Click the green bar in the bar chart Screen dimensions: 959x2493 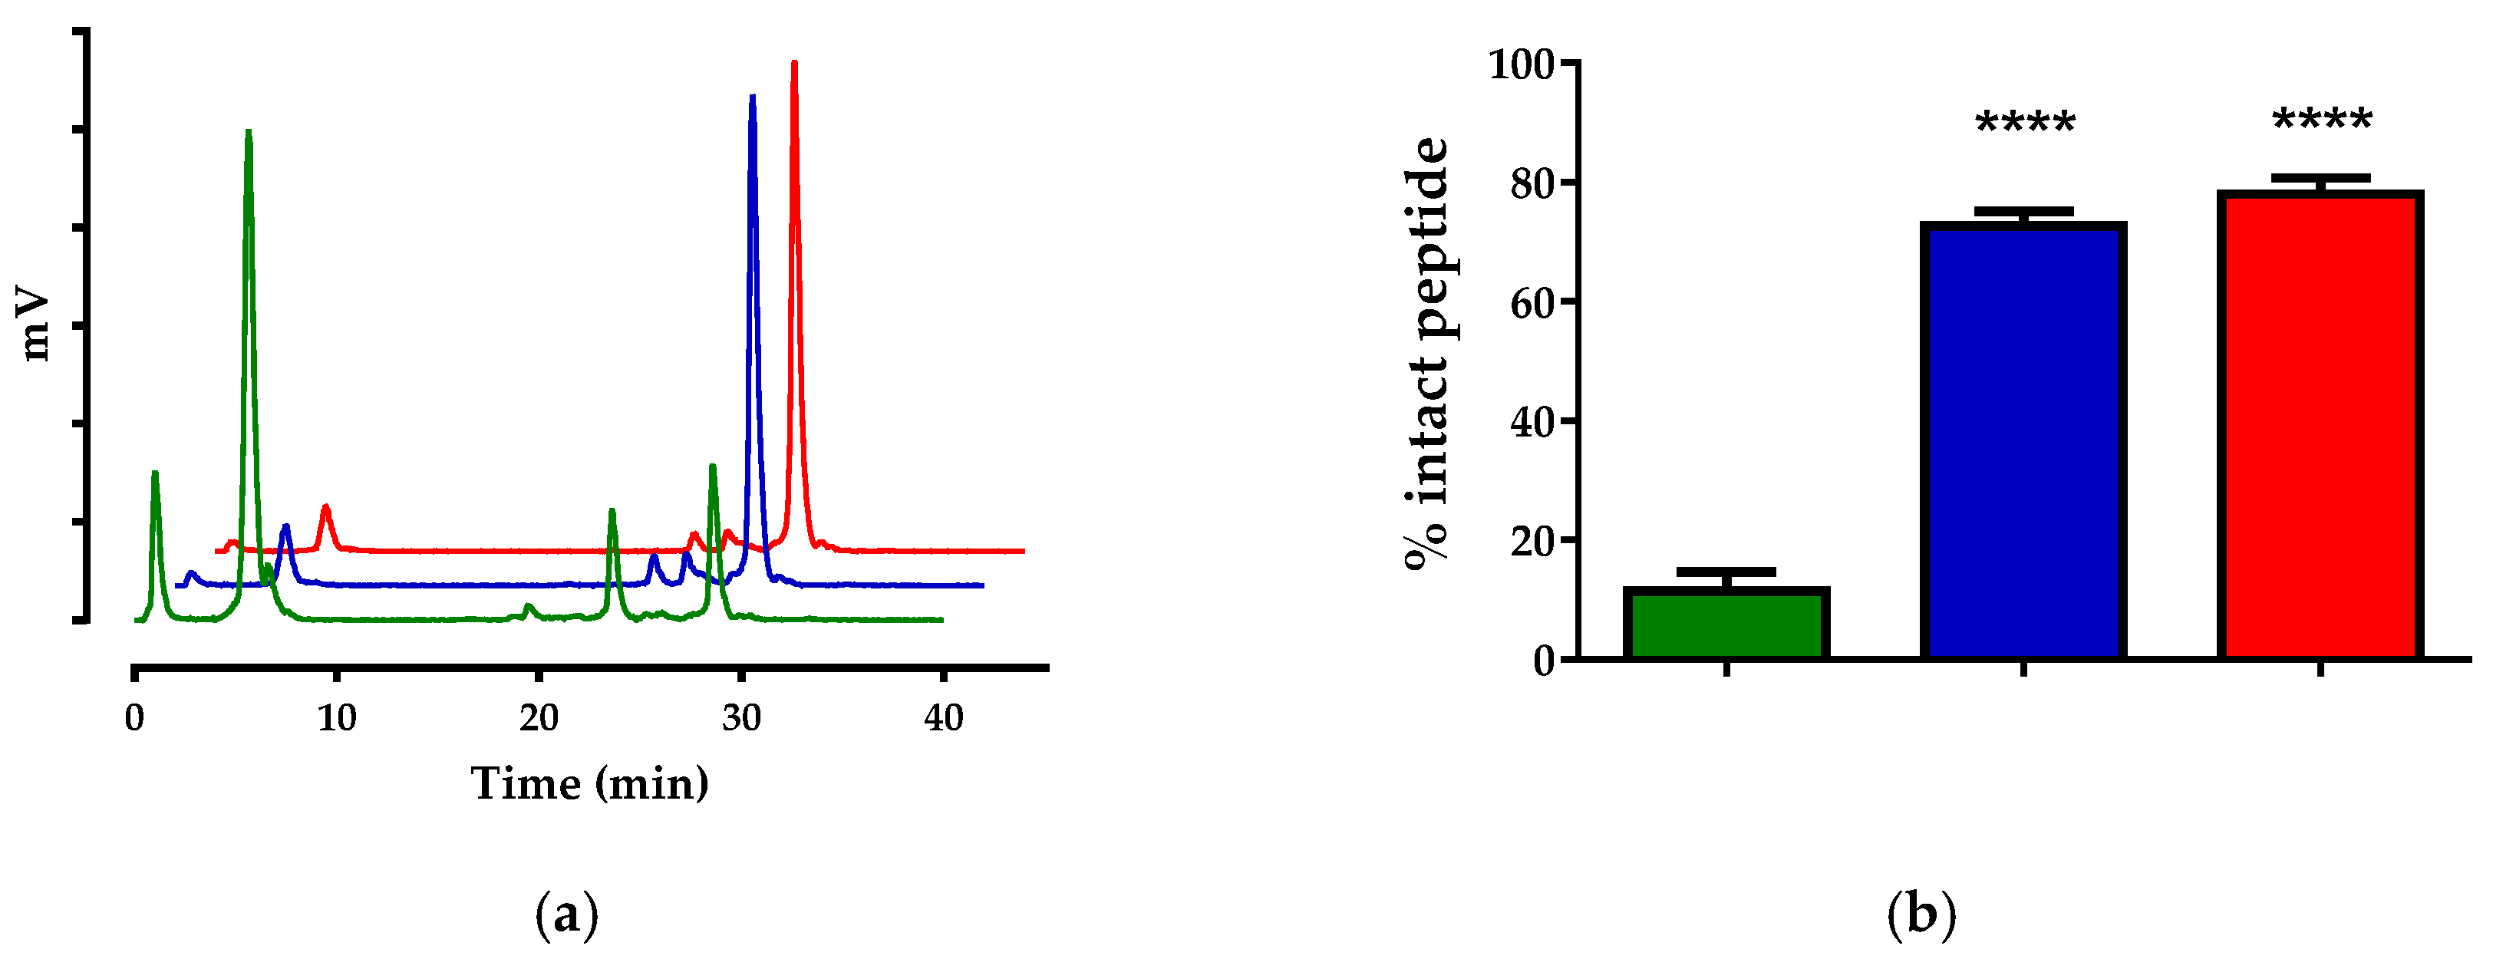[1726, 625]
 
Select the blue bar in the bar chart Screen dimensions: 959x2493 [2023, 441]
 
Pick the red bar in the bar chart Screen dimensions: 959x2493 [2320, 426]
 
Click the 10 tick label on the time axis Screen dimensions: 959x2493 [337, 718]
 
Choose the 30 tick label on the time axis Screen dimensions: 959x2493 [741, 718]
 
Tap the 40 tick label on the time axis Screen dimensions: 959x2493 [944, 718]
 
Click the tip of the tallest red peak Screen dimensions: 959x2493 [794, 63]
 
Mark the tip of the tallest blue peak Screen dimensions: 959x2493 [753, 97]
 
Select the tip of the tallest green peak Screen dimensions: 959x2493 [249, 130]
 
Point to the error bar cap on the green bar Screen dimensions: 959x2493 [1726, 571]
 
